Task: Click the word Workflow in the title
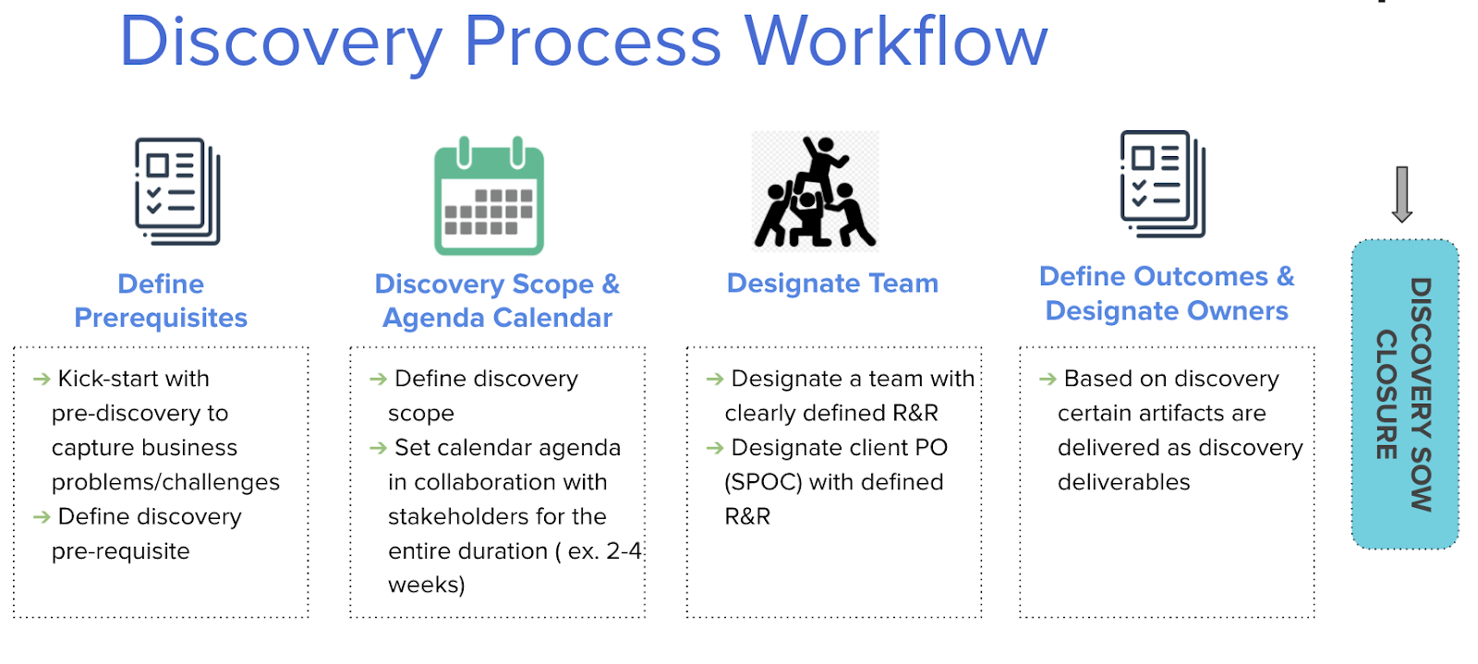[x=896, y=42]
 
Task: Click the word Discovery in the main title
[x=282, y=42]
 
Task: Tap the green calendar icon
[x=489, y=197]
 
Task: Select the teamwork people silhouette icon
[x=815, y=192]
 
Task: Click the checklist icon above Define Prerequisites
[x=177, y=191]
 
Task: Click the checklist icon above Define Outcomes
[x=1163, y=184]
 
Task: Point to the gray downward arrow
[x=1401, y=194]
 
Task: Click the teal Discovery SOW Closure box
[x=1404, y=394]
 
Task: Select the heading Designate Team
[x=832, y=284]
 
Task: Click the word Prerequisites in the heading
[x=161, y=318]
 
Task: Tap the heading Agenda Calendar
[x=497, y=318]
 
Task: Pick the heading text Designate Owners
[x=1167, y=311]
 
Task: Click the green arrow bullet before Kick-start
[x=42, y=380]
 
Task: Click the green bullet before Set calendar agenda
[x=378, y=449]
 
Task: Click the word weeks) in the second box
[x=426, y=585]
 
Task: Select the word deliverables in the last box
[x=1123, y=482]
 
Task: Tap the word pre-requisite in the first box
[x=120, y=551]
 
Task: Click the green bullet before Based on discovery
[x=1048, y=380]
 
